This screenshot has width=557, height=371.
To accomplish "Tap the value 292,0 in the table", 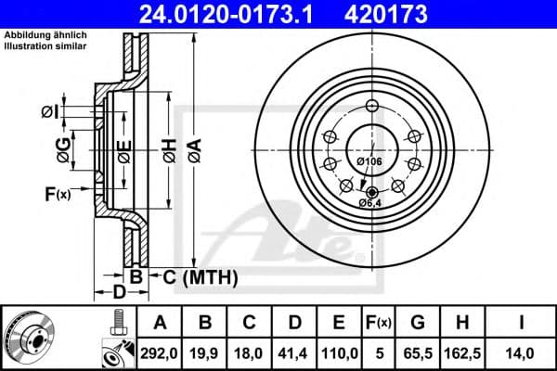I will pyautogui.click(x=161, y=352).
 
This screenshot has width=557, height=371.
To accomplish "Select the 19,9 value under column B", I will pyautogui.click(x=205, y=352).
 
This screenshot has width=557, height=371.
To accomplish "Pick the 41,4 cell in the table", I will pyautogui.click(x=294, y=352).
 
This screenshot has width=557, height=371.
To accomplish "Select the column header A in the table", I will pyautogui.click(x=161, y=323).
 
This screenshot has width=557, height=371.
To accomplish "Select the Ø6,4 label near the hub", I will pyautogui.click(x=370, y=203).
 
